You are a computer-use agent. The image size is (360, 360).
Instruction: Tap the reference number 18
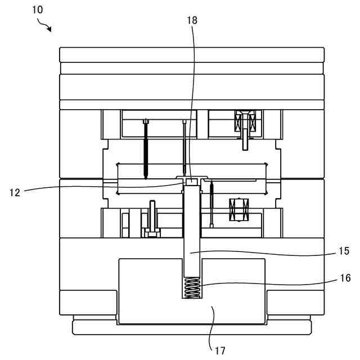192,21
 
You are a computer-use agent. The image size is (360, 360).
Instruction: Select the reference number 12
15,192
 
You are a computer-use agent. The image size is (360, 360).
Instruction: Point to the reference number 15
344,251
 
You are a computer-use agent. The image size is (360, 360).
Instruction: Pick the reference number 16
344,278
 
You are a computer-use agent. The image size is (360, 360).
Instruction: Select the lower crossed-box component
239,209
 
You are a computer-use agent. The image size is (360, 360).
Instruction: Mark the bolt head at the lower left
151,231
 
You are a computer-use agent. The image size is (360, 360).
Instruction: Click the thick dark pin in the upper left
146,150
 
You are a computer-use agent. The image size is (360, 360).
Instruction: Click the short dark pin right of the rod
211,202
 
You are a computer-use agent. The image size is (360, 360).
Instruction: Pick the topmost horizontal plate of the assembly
192,55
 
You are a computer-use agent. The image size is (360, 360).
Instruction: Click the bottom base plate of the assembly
192,327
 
